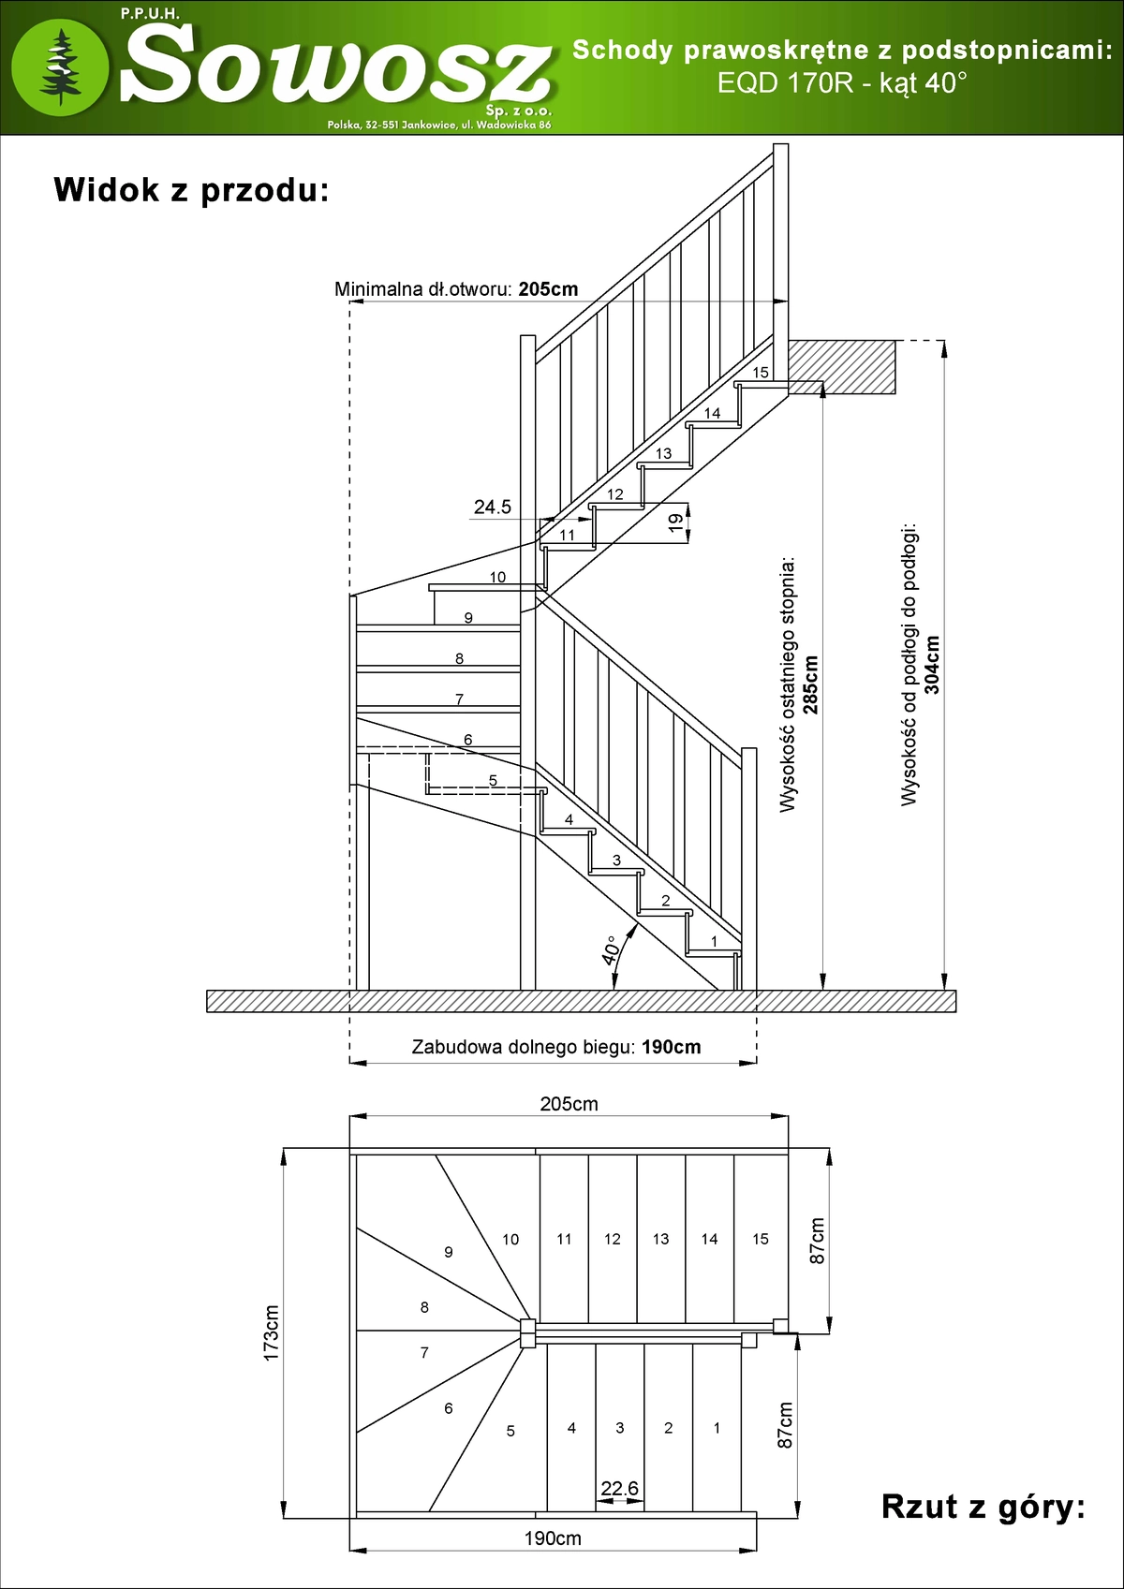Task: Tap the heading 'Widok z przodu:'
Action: (191, 190)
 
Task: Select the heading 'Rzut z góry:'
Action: (983, 1507)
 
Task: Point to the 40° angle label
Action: (610, 949)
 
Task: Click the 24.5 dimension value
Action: (493, 507)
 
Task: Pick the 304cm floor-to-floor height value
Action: (932, 665)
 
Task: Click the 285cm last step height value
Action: (811, 684)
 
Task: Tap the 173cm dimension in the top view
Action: (272, 1332)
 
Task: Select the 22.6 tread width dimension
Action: (619, 1488)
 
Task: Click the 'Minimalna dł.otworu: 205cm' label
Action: (456, 289)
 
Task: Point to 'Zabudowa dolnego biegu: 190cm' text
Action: (556, 1047)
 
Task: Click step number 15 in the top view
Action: (761, 1239)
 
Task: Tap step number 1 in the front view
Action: (714, 941)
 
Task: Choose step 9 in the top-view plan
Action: (449, 1252)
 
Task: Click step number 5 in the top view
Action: (510, 1431)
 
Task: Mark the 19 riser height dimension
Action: (675, 523)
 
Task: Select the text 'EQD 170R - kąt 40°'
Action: (842, 83)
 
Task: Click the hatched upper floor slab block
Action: (840, 366)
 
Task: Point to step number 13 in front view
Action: (663, 453)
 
